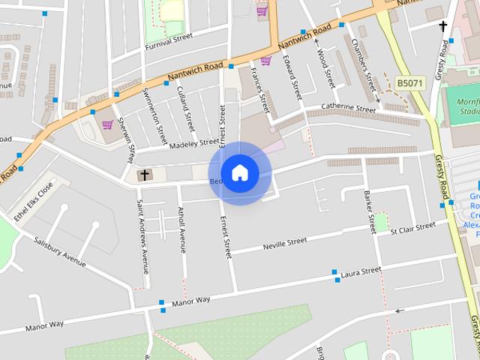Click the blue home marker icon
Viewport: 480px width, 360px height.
click(x=239, y=173)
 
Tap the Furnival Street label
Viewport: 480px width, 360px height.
click(x=169, y=40)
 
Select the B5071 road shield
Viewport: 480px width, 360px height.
click(x=410, y=82)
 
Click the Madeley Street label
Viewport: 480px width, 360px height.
click(x=194, y=142)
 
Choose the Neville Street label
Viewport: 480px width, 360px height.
click(x=285, y=243)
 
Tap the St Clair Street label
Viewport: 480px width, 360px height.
click(x=413, y=228)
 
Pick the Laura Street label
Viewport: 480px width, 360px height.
click(x=361, y=274)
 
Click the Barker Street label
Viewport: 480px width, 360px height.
click(x=369, y=212)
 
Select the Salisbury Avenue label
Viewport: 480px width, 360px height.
click(x=60, y=251)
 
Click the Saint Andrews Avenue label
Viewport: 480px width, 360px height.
click(x=142, y=235)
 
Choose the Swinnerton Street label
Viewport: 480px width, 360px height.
click(x=154, y=116)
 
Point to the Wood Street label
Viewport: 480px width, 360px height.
click(x=324, y=68)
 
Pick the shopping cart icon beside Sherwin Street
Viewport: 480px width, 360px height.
click(x=107, y=124)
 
